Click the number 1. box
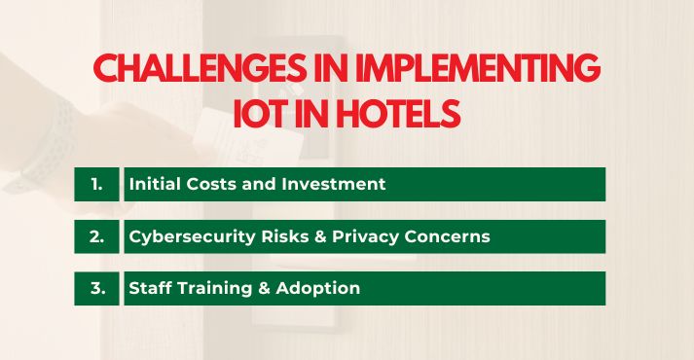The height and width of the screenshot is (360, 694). (x=96, y=184)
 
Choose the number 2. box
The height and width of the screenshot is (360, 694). (x=96, y=236)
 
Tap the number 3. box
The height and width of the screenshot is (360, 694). (x=96, y=288)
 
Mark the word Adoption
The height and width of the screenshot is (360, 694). (x=318, y=289)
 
